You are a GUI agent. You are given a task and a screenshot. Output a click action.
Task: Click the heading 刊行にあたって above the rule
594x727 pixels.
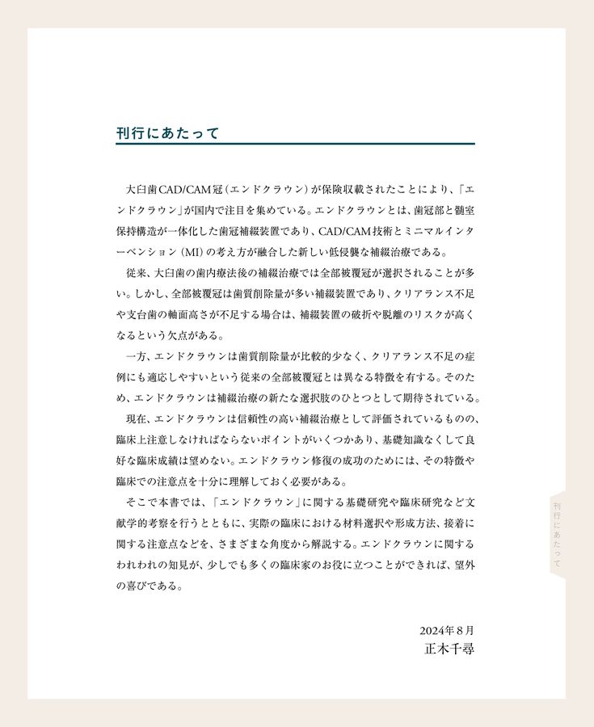[x=167, y=133]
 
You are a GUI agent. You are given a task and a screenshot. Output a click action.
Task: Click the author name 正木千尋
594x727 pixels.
[x=449, y=649]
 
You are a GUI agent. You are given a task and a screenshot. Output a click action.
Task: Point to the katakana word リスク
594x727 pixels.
[x=421, y=314]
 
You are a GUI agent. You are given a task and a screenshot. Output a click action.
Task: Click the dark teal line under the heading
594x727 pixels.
[x=295, y=144]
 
